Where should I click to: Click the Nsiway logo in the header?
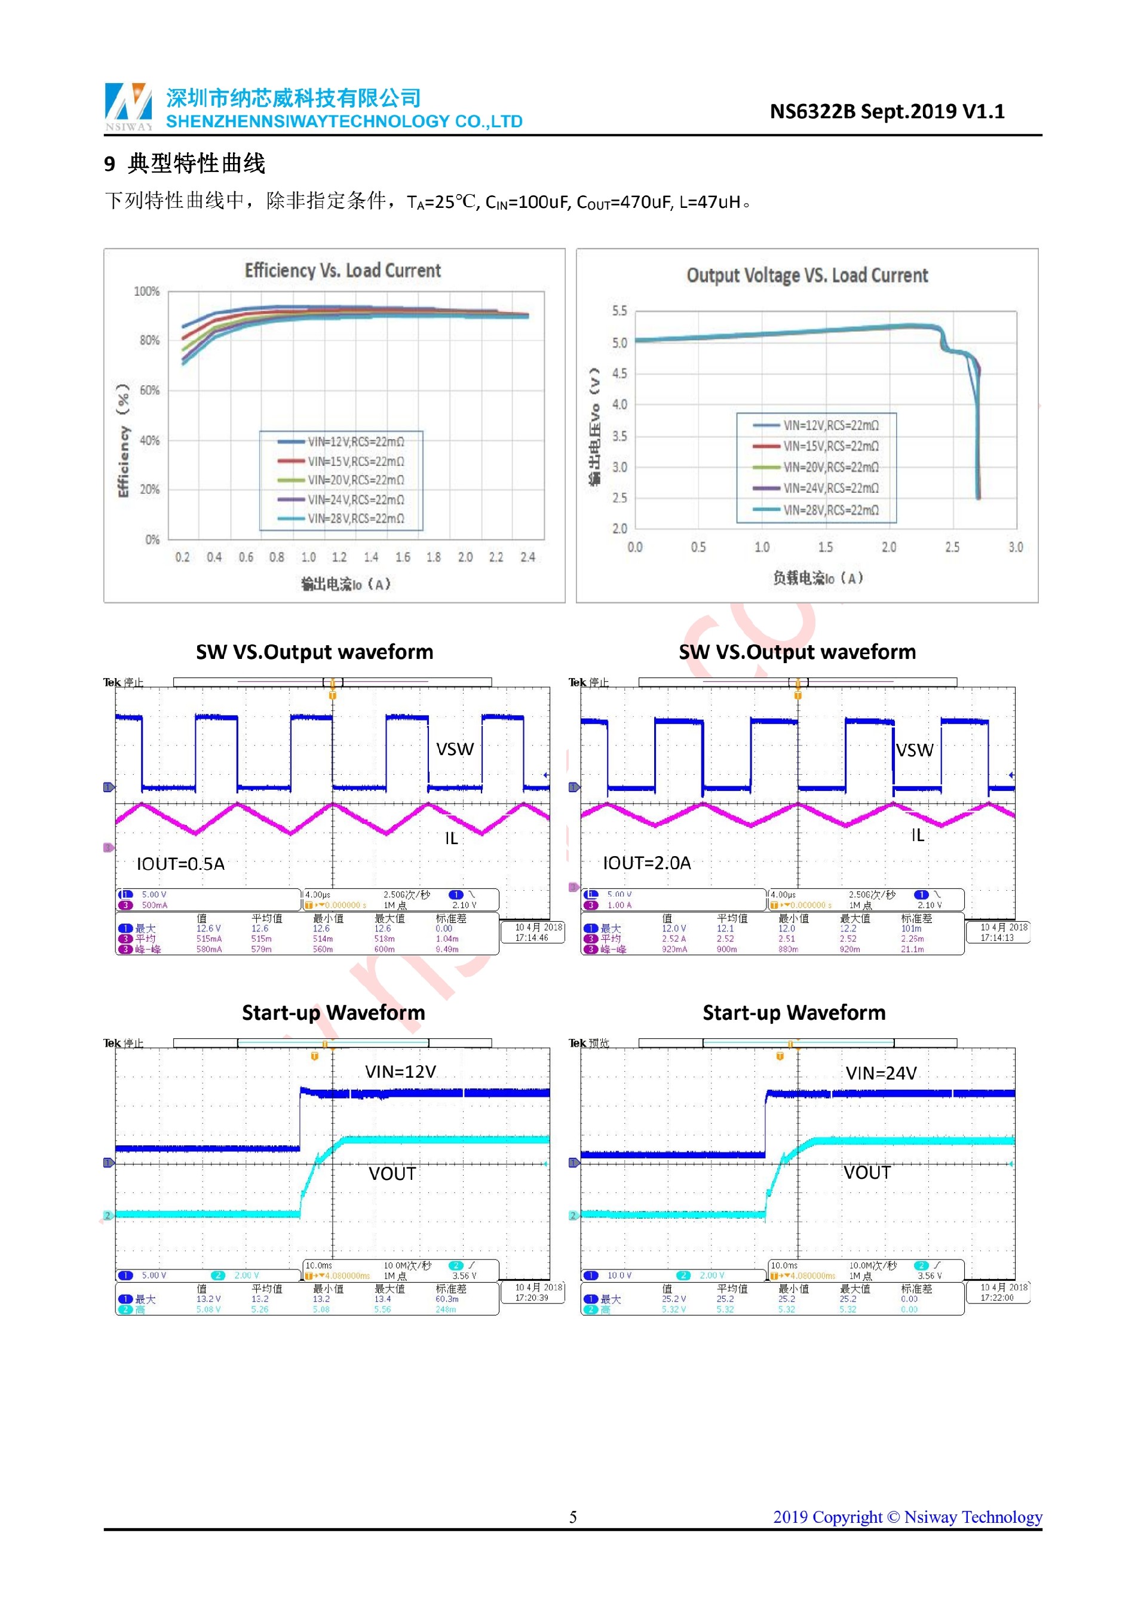[x=128, y=106]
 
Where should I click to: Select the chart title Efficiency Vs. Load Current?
[x=342, y=271]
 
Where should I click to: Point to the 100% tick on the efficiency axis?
[x=147, y=292]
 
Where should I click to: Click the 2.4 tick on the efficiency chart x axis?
[x=528, y=557]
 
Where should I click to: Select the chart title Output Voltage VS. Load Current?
[x=806, y=275]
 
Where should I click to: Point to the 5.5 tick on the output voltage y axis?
[x=619, y=311]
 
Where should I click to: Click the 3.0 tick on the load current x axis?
[x=1016, y=547]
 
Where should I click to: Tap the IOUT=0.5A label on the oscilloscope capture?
[x=181, y=864]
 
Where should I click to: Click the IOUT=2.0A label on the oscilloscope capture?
[x=647, y=863]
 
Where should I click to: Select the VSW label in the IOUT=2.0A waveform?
[x=915, y=750]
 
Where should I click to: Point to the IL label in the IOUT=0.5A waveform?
[x=451, y=839]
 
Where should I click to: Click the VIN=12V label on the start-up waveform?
[x=400, y=1072]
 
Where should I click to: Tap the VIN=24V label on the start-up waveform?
[x=881, y=1074]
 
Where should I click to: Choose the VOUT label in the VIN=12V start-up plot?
[x=392, y=1174]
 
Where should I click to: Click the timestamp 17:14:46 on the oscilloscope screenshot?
[x=531, y=938]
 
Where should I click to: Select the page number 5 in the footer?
[x=573, y=1517]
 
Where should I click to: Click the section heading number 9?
[x=109, y=164]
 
